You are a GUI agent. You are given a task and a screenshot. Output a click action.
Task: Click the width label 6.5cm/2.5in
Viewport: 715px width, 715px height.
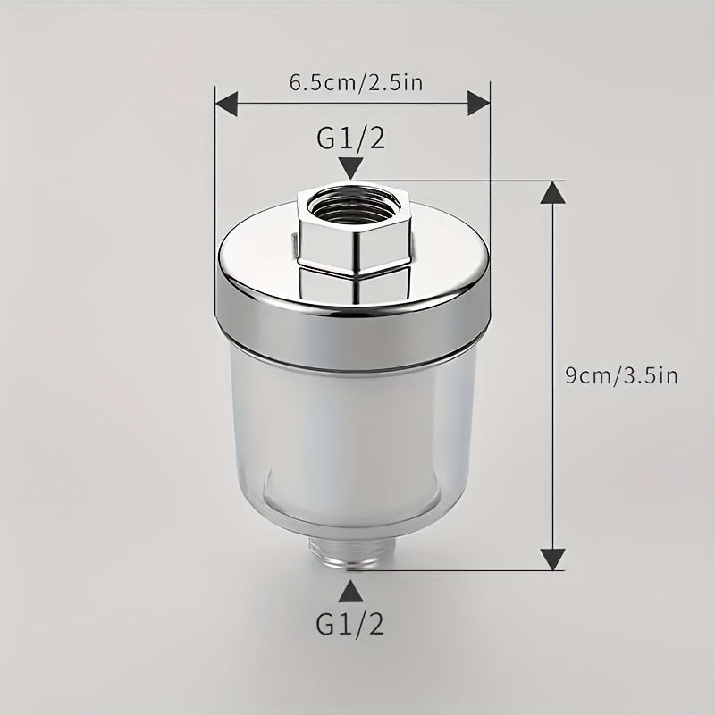356,83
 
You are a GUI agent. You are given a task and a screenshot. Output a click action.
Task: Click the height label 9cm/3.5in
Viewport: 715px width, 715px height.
621,375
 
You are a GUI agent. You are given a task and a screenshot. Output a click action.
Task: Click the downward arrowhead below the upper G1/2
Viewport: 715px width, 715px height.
350,168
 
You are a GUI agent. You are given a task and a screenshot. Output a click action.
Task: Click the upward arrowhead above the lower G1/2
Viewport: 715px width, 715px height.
350,591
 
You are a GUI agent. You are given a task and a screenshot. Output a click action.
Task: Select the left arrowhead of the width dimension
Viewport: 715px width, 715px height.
227,103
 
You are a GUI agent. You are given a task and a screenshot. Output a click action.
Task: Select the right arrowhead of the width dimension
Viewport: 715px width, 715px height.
479,103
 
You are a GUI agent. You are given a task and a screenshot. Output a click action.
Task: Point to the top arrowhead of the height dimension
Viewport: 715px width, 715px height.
552,192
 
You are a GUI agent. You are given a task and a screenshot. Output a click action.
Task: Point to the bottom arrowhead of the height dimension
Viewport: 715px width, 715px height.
552,559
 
